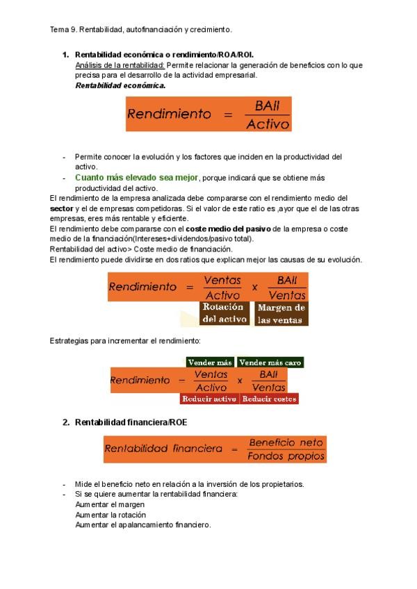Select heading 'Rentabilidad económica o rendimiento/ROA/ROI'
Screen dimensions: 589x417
pos(169,54)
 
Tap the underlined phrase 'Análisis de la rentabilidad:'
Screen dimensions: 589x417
pos(120,65)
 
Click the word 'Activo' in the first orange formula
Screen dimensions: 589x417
pos(268,124)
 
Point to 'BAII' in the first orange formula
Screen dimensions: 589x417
pos(268,106)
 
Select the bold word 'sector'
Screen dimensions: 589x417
pos(62,208)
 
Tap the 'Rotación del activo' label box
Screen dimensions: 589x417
pos(224,313)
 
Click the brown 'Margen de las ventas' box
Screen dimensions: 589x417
pos(281,314)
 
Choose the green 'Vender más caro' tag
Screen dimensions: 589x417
pos(270,363)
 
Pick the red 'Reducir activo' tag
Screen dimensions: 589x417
pos(209,399)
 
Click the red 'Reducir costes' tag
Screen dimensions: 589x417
pos(270,399)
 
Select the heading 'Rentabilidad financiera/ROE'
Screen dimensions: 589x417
pos(131,422)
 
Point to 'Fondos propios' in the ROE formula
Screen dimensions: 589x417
pos(286,456)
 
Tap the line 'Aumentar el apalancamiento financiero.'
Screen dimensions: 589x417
pos(142,524)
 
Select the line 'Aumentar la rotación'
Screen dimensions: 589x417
pos(111,515)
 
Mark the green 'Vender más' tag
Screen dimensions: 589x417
pos(210,363)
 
